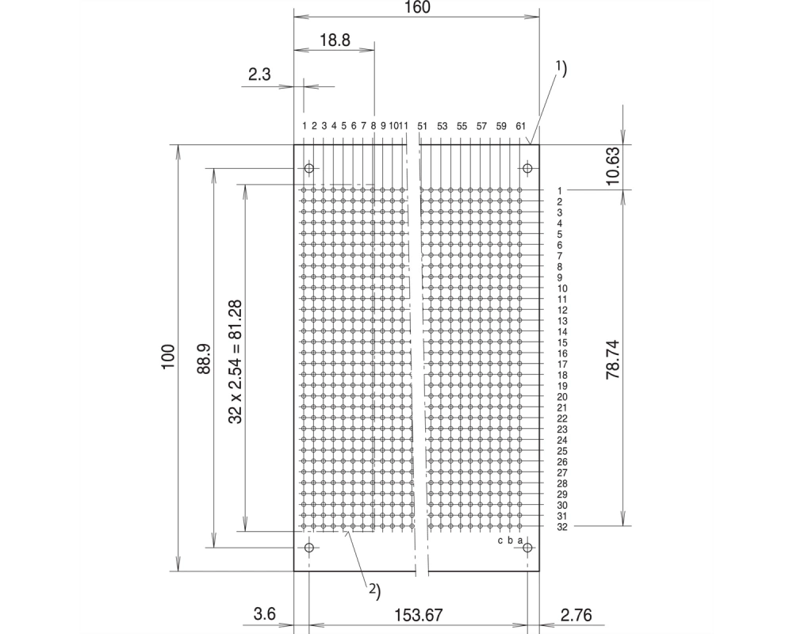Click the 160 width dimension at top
tap(417, 7)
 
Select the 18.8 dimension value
tap(335, 40)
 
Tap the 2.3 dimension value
tap(259, 74)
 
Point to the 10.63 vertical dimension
tap(612, 166)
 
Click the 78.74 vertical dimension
tap(612, 360)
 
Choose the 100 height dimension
tap(168, 357)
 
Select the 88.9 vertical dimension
tap(204, 358)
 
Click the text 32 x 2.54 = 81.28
tap(236, 362)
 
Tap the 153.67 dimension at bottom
tap(418, 615)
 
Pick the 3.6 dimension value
tap(265, 614)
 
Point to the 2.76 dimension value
tap(576, 615)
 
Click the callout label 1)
tap(561, 67)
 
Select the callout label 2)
tap(374, 590)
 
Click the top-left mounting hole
tap(309, 168)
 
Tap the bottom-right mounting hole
tap(527, 548)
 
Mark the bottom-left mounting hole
tap(309, 548)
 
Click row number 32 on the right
tap(562, 527)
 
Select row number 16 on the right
tap(562, 353)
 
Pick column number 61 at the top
tap(521, 126)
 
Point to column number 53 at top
tap(442, 126)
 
